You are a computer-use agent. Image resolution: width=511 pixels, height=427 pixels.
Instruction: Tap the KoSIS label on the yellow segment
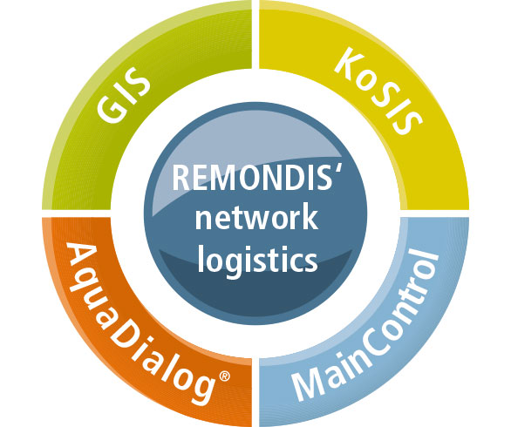click(x=378, y=91)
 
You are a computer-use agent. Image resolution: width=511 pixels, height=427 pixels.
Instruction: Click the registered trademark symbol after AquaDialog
click(x=224, y=376)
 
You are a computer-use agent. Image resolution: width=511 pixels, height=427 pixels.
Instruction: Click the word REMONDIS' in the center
click(x=256, y=178)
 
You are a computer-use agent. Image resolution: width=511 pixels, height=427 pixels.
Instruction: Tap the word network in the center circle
click(x=256, y=218)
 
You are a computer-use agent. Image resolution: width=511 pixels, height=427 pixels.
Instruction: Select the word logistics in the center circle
click(x=257, y=260)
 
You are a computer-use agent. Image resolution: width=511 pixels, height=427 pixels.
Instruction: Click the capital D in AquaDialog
click(x=126, y=339)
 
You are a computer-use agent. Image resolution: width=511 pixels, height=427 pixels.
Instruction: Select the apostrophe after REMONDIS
click(x=337, y=170)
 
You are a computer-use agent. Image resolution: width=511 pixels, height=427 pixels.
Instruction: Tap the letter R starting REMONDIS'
click(x=181, y=178)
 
